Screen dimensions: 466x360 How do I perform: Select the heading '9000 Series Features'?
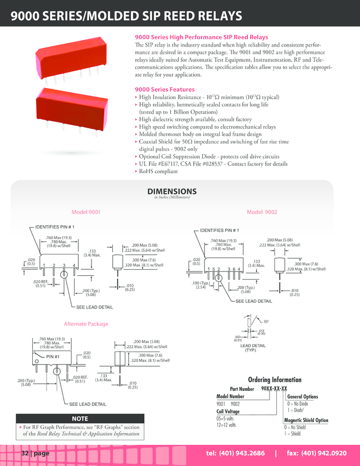click(x=164, y=89)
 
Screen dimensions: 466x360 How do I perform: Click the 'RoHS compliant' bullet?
click(x=158, y=172)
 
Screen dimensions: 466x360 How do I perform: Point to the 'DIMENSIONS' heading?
click(x=172, y=191)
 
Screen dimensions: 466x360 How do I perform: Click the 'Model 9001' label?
click(x=85, y=212)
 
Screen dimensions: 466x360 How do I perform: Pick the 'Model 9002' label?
click(x=262, y=212)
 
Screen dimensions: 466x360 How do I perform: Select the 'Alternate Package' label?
click(x=86, y=324)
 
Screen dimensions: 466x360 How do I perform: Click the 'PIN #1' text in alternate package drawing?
click(x=53, y=357)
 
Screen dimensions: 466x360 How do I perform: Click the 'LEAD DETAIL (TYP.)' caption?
click(x=253, y=348)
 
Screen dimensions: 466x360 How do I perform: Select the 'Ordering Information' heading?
click(x=275, y=379)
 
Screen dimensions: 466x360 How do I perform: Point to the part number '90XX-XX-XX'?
click(x=274, y=389)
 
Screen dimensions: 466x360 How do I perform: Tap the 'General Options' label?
click(x=302, y=396)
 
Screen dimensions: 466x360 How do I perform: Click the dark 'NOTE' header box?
click(x=79, y=418)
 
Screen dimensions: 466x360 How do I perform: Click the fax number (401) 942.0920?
click(x=317, y=453)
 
